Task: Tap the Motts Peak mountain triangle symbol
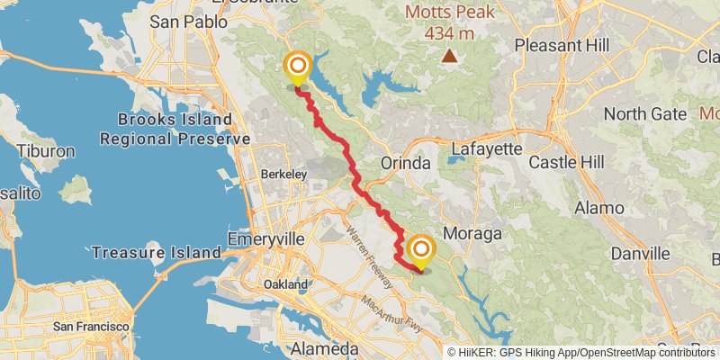click(448, 57)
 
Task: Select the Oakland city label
click(286, 284)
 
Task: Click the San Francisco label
click(91, 326)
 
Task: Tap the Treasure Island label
click(155, 253)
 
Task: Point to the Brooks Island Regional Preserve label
click(175, 130)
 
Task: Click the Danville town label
click(642, 254)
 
